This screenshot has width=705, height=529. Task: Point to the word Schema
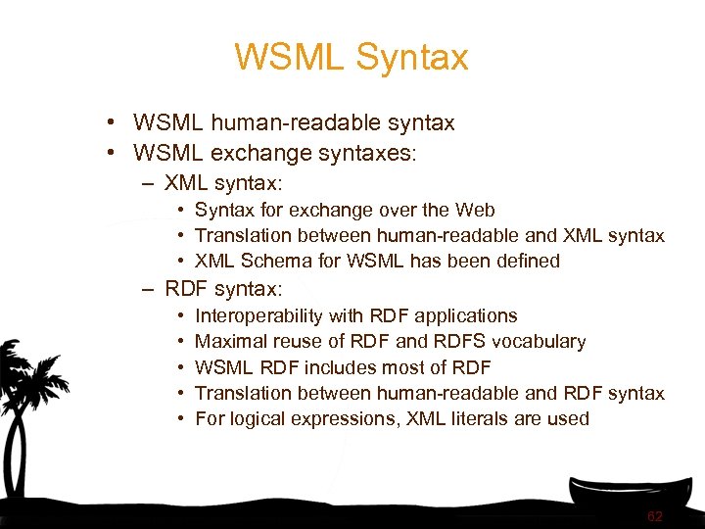coord(274,261)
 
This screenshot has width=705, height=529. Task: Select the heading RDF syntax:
coord(223,289)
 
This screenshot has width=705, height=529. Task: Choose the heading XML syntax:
coord(223,183)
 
